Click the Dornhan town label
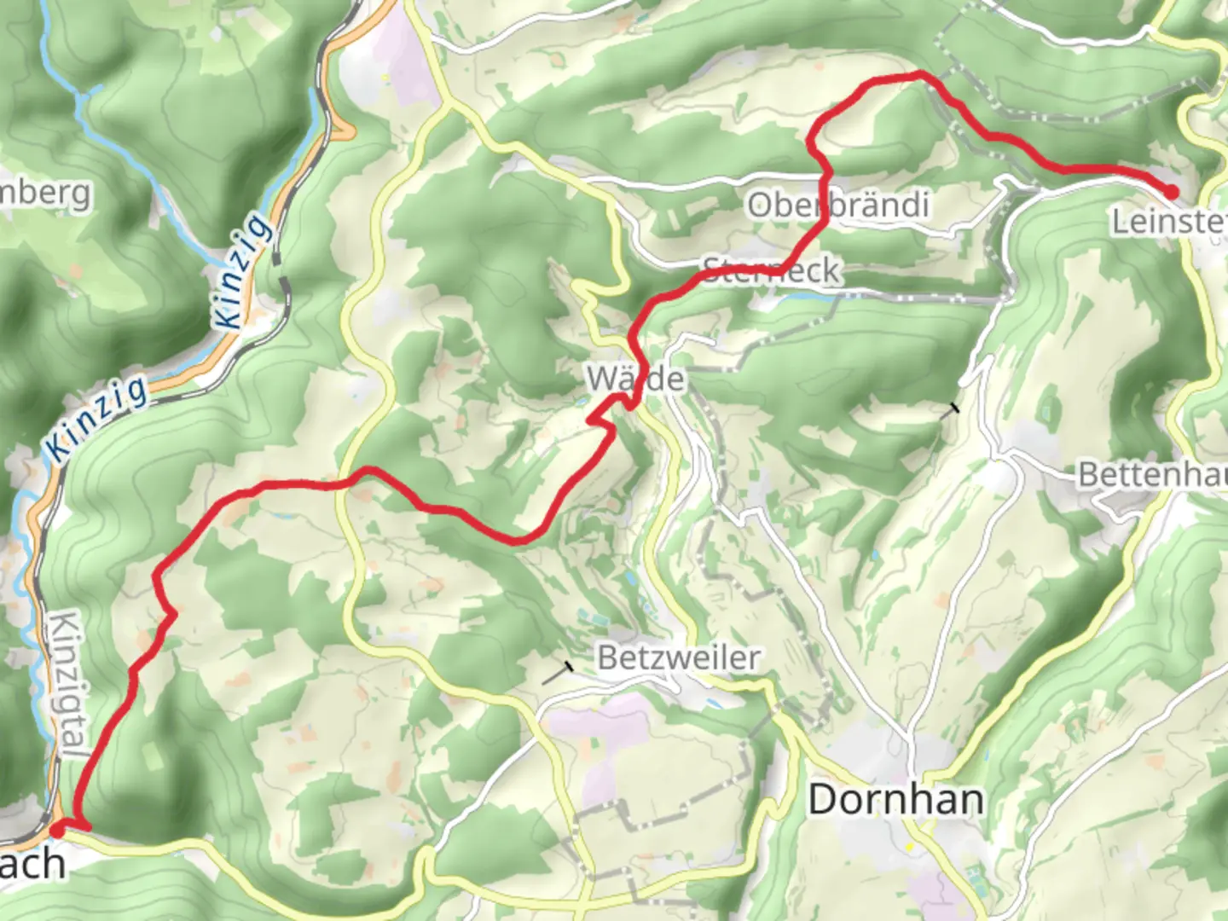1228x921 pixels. pos(895,800)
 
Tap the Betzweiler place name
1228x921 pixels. pos(679,657)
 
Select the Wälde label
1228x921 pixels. pos(636,379)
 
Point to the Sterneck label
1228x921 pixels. pos(772,271)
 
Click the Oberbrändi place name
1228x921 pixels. pos(837,205)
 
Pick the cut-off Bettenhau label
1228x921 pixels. pos(1152,474)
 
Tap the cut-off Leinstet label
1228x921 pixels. pos(1168,223)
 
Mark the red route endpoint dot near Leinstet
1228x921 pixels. pos(1172,193)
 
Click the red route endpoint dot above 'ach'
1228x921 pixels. pos(57,828)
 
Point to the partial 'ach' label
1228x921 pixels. pos(32,865)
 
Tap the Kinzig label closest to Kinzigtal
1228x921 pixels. pos(96,419)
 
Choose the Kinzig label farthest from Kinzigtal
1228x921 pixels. pos(245,271)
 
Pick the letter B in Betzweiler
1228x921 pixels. pos(606,657)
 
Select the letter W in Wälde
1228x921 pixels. pos(600,379)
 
